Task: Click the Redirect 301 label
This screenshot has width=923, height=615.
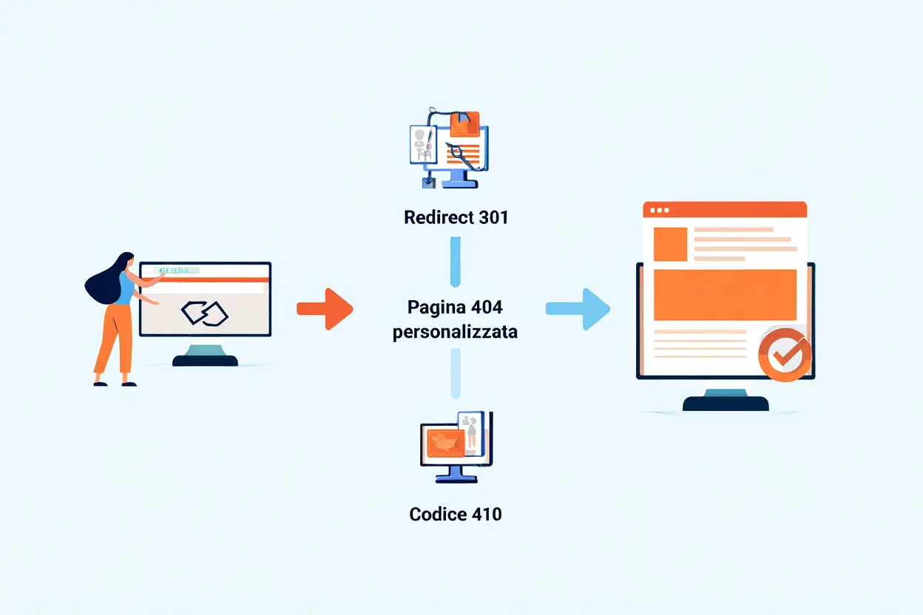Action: coord(456,217)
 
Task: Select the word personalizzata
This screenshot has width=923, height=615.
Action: coord(455,332)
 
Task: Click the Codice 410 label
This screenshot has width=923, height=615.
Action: coord(455,514)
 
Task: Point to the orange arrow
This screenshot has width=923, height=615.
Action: coord(325,308)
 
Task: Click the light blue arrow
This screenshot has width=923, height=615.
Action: coord(579,309)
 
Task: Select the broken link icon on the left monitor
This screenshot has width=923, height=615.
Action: coord(205,313)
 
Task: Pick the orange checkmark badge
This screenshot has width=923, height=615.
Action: coord(785,355)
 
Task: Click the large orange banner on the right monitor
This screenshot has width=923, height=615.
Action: coord(725,294)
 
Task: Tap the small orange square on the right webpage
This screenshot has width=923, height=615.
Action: coord(670,244)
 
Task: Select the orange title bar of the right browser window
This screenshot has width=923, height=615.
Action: coord(725,210)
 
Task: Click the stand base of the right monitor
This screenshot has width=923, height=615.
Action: coord(725,403)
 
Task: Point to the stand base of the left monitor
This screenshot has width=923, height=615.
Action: coord(205,360)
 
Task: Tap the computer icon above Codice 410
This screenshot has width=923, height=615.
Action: coord(456,446)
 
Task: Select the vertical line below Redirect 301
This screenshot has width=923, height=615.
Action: coord(455,260)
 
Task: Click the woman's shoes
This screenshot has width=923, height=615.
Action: coord(113,383)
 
